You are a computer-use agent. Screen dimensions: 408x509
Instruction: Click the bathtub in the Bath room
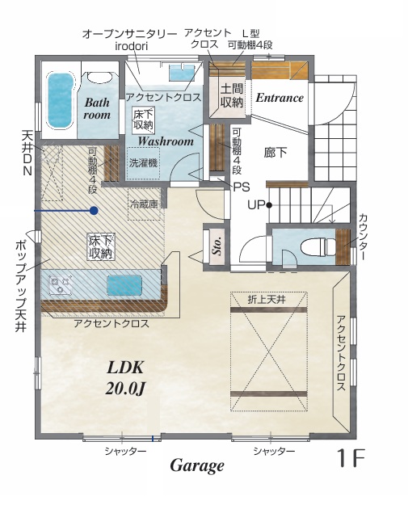pyautogui.click(x=60, y=101)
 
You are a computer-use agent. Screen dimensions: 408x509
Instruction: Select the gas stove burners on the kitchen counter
pyautogui.click(x=60, y=284)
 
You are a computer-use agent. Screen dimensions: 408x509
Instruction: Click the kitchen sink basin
pyautogui.click(x=124, y=285)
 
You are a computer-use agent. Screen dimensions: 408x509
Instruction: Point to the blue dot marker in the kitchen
pyautogui.click(x=94, y=211)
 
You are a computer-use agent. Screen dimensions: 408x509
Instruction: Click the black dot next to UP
pyautogui.click(x=269, y=205)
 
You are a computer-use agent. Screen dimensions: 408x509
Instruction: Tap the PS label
pyautogui.click(x=242, y=187)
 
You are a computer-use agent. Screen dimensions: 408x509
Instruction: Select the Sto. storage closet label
pyautogui.click(x=217, y=246)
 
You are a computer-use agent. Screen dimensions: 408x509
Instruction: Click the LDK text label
pyautogui.click(x=125, y=368)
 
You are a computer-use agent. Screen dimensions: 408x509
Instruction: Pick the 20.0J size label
pyautogui.click(x=125, y=388)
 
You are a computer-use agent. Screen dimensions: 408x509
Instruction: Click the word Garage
pyautogui.click(x=197, y=466)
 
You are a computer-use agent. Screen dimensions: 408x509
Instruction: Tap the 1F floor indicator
pyautogui.click(x=351, y=457)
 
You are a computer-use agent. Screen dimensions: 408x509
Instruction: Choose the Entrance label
pyautogui.click(x=280, y=98)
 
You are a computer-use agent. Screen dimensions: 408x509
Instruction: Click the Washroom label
pyautogui.click(x=166, y=141)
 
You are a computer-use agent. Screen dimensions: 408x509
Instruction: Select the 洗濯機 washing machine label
pyautogui.click(x=143, y=162)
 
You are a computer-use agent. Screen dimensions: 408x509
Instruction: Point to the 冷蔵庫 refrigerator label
pyautogui.click(x=144, y=204)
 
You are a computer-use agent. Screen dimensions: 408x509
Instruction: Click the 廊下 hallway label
pyautogui.click(x=276, y=152)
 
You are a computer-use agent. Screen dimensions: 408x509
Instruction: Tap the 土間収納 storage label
pyautogui.click(x=232, y=95)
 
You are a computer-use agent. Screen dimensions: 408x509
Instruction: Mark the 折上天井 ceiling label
pyautogui.click(x=267, y=300)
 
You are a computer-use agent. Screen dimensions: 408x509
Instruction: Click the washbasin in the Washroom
pyautogui.click(x=181, y=73)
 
